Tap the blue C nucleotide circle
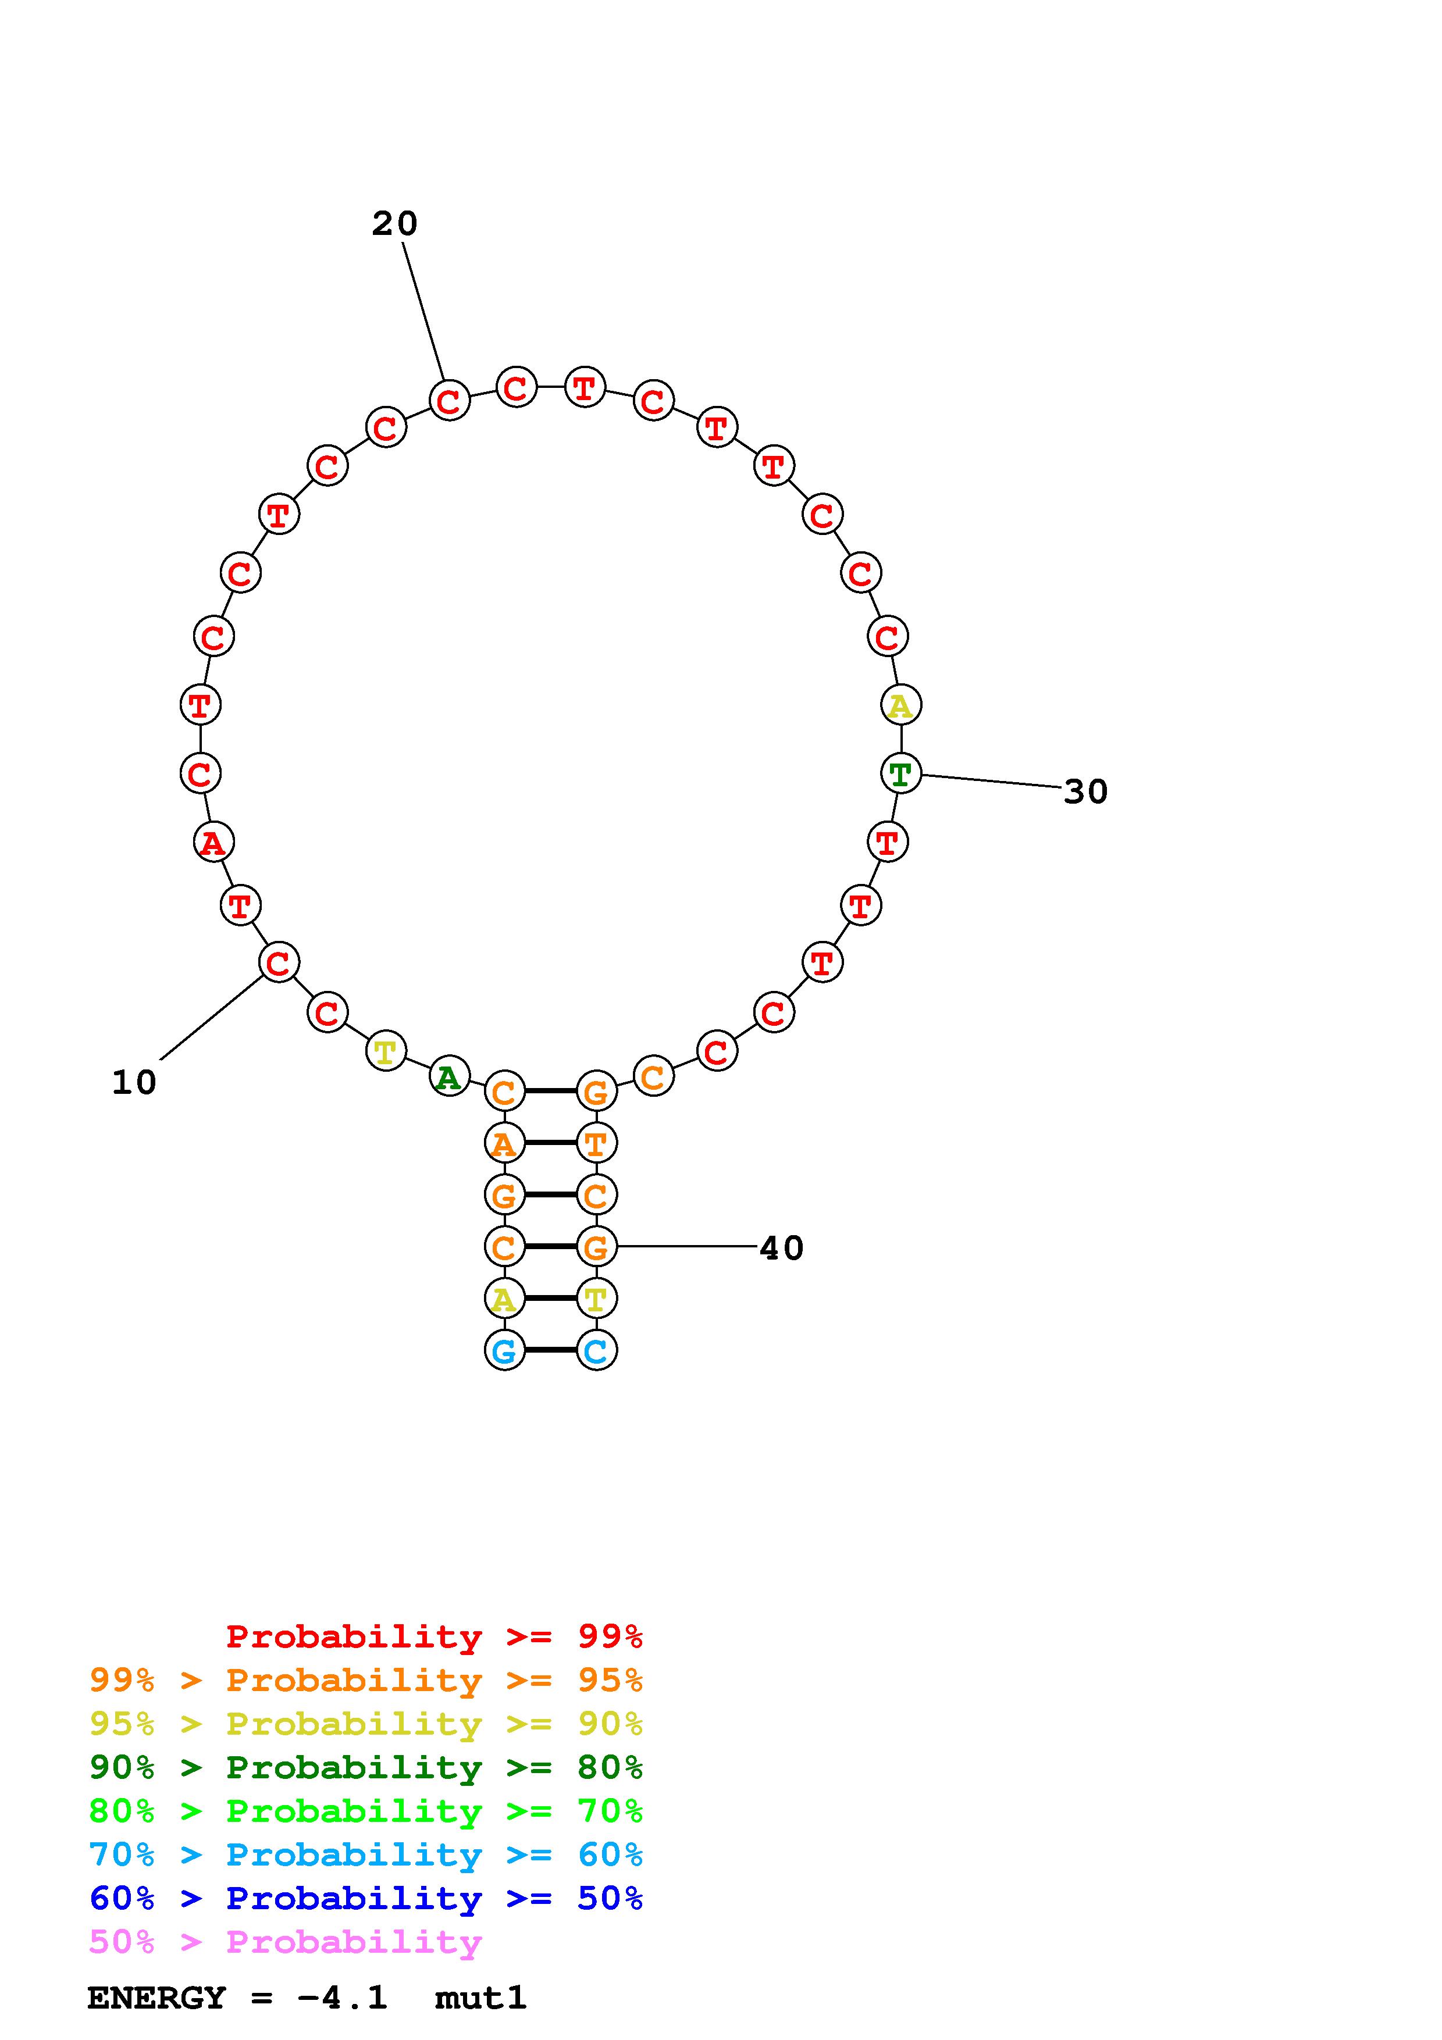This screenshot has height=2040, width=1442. coord(596,1350)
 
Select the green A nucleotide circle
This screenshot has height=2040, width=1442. coord(450,1077)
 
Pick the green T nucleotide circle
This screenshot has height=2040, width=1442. coord(901,773)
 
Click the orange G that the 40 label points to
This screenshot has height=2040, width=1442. coord(596,1247)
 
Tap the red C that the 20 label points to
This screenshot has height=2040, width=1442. coord(450,401)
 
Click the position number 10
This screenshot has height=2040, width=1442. coord(134,1083)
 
